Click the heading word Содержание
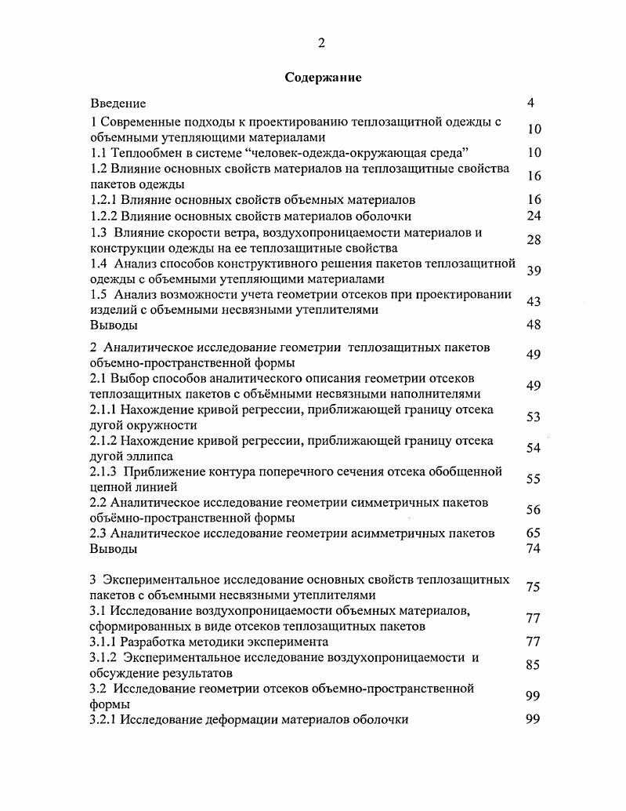click(322, 78)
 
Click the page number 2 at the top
click(321, 43)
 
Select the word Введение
click(118, 103)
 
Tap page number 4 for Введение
click(531, 103)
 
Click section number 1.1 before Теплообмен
click(99, 153)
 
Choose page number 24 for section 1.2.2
click(534, 216)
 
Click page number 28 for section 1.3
click(534, 239)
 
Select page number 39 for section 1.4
click(534, 271)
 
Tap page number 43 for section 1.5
click(534, 302)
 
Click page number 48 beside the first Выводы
click(534, 325)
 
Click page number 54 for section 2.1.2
click(534, 448)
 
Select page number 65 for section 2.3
click(534, 533)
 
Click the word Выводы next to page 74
click(114, 549)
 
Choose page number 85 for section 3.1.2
click(534, 665)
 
